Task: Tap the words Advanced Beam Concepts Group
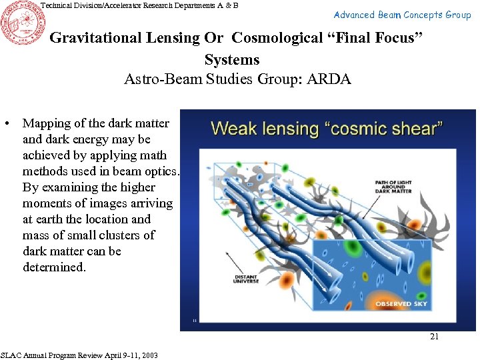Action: (x=402, y=15)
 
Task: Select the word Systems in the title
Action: (x=232, y=59)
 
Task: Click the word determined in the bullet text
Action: (x=54, y=267)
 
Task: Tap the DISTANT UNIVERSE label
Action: (x=246, y=279)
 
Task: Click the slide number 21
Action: (x=434, y=337)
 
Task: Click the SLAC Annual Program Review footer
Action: (x=79, y=355)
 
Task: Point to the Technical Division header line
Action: (x=139, y=5)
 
